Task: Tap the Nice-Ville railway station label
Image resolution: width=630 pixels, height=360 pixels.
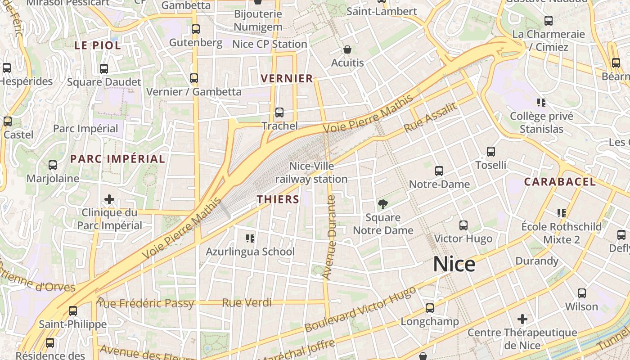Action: coord(311,173)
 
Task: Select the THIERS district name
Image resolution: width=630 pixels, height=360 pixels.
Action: coord(278,199)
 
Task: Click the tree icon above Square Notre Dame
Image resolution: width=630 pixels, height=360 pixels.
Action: coord(383,205)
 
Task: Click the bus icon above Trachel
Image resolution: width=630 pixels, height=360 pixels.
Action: coord(279,112)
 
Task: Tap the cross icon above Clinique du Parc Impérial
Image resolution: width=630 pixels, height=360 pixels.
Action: coord(109,199)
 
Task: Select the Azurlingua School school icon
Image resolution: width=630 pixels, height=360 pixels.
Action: coord(250,238)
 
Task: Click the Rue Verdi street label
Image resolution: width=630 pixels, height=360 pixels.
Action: coord(247,303)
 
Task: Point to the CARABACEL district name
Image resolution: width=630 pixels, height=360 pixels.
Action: coord(560,182)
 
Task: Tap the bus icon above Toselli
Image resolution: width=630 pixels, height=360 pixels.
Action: coord(491,152)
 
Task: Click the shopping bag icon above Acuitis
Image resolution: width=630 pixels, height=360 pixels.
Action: coord(347,49)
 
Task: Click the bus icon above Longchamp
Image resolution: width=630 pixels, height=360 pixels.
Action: coord(430,308)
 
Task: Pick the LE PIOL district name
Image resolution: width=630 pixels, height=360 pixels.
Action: coord(98,45)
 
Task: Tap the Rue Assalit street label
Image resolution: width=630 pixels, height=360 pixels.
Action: coord(430,117)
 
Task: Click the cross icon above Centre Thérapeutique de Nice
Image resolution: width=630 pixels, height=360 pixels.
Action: coord(522,319)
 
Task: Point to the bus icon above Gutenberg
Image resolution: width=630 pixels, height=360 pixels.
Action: coord(196,29)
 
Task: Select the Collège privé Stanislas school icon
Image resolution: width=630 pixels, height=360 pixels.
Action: coord(541,103)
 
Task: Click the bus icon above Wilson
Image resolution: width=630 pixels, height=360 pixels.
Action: coord(582,293)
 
